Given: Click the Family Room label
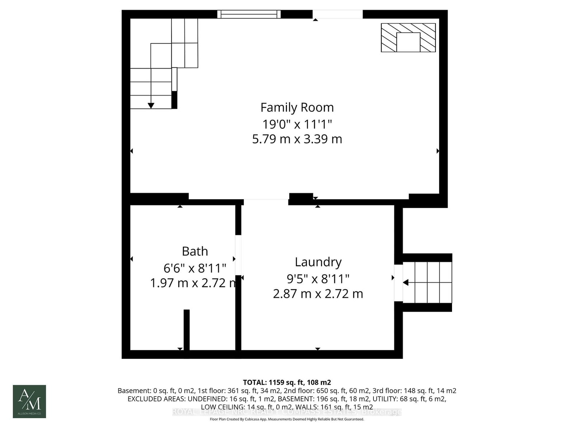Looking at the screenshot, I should pyautogui.click(x=297, y=107).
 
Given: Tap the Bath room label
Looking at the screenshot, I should pyautogui.click(x=195, y=251).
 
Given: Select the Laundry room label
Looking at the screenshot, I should pyautogui.click(x=318, y=262).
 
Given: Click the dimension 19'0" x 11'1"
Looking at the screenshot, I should pyautogui.click(x=297, y=124).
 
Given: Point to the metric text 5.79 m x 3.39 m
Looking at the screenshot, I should pyautogui.click(x=297, y=139).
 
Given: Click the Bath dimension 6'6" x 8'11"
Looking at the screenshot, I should pyautogui.click(x=195, y=268).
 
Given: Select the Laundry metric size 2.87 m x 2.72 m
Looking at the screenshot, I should pyautogui.click(x=318, y=294).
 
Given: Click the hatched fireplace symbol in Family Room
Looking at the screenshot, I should pyautogui.click(x=408, y=37).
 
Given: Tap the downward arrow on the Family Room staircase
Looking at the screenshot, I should pyautogui.click(x=151, y=105).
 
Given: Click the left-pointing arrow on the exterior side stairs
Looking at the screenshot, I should pyautogui.click(x=406, y=283).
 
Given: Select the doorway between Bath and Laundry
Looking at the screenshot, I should pyautogui.click(x=238, y=255).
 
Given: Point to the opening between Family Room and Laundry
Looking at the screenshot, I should pyautogui.click(x=266, y=201).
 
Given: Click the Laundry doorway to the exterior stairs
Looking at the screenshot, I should pyautogui.click(x=398, y=283).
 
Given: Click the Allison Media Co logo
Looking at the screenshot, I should pyautogui.click(x=29, y=401).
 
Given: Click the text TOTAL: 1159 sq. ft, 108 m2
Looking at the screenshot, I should pyautogui.click(x=287, y=382).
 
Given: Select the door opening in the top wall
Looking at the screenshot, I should pyautogui.click(x=338, y=14).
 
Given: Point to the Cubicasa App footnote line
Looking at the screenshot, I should pyautogui.click(x=287, y=419).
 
